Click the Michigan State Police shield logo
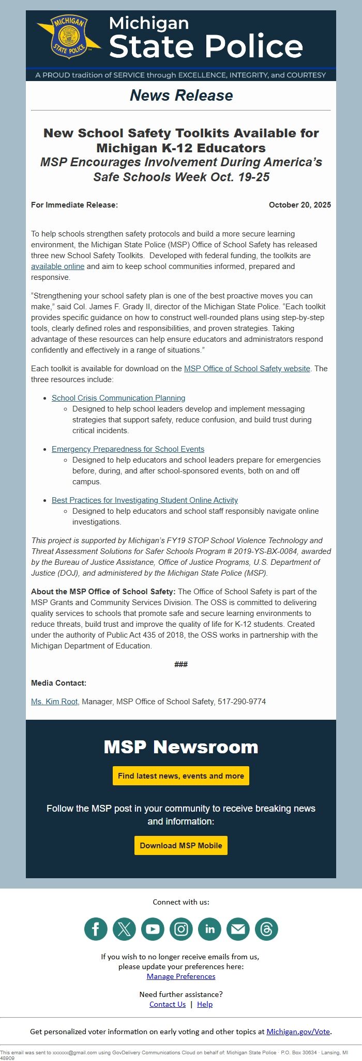[69, 37]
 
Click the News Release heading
[181, 96]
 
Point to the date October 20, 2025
[299, 205]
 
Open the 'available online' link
[57, 266]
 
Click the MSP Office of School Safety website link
[247, 369]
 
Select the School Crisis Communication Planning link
[118, 398]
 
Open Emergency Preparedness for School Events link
[128, 449]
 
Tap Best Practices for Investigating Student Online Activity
[145, 500]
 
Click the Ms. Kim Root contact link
[54, 702]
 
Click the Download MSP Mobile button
[181, 846]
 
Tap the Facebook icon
[96, 929]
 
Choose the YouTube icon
[153, 929]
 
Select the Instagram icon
[181, 929]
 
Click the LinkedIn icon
[209, 929]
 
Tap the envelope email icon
[238, 929]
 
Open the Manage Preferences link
[181, 976]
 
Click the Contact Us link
[168, 1004]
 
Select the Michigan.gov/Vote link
[298, 1032]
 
